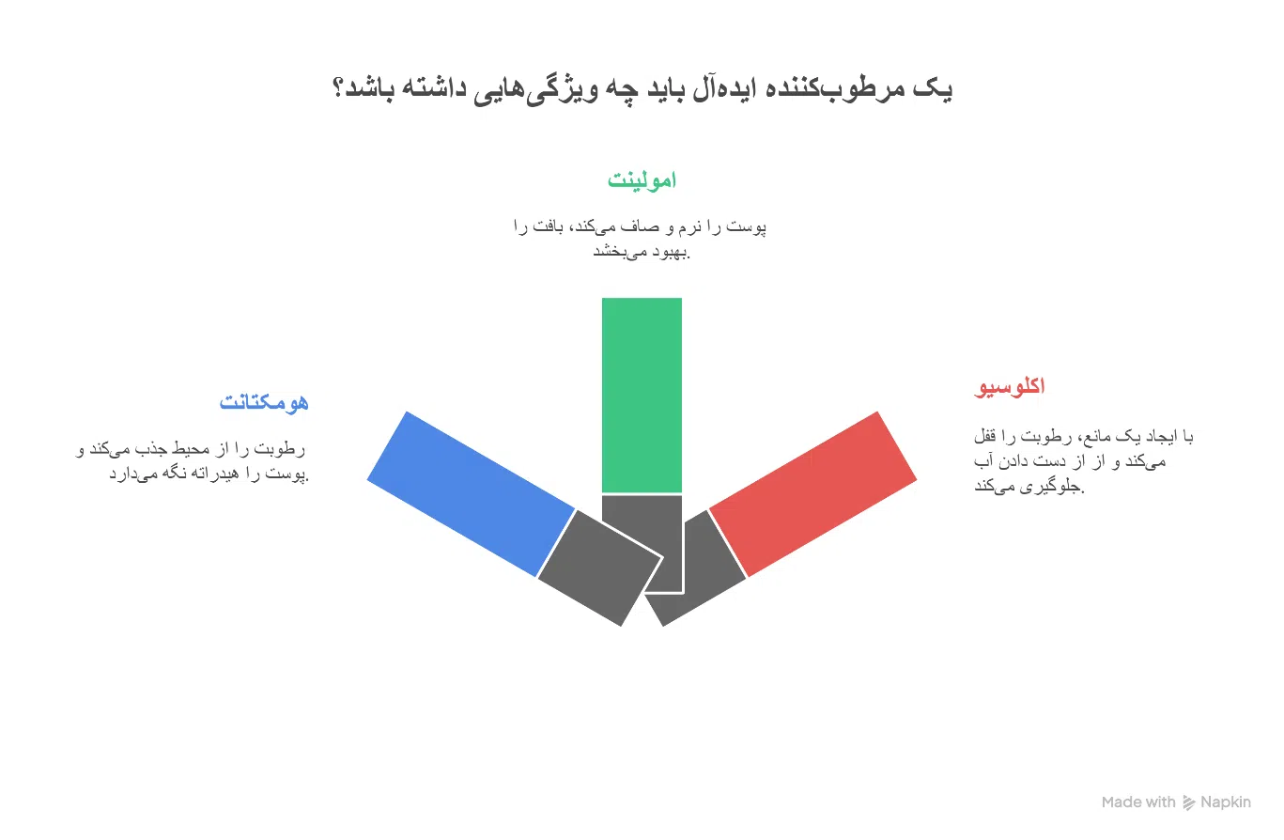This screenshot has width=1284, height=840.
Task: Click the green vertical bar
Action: (642, 395)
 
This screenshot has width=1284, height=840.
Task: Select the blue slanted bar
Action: (472, 493)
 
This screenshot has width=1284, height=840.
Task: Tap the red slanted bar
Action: (812, 493)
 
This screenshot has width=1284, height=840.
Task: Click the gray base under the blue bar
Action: (599, 568)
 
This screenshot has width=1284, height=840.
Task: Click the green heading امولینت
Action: (642, 180)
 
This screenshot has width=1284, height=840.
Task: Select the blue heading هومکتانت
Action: (264, 402)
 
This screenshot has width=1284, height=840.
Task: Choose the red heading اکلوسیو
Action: (1010, 386)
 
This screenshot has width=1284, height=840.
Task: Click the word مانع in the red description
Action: (1103, 437)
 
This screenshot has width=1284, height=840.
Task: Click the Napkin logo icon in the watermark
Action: (1189, 802)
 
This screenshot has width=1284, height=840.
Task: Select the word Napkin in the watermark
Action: (1226, 802)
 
